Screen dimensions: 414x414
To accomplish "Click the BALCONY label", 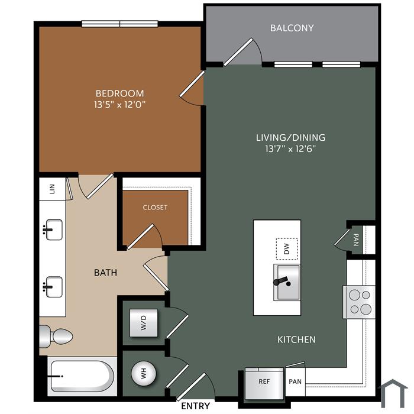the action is pyautogui.click(x=292, y=28).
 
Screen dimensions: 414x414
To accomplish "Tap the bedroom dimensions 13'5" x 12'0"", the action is pyautogui.click(x=120, y=105).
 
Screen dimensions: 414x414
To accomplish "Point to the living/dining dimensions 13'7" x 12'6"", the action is pyautogui.click(x=291, y=149).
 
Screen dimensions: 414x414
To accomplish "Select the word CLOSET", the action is pyautogui.click(x=155, y=207).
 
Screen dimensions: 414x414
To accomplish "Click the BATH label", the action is pyautogui.click(x=106, y=273).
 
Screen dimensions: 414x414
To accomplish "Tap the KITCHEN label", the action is pyautogui.click(x=296, y=339).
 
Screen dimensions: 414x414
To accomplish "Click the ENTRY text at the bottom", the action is pyautogui.click(x=196, y=406).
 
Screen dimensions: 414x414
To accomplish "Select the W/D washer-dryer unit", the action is pyautogui.click(x=144, y=323).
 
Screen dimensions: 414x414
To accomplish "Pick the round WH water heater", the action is pyautogui.click(x=144, y=374).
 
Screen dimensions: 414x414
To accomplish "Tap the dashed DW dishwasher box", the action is pyautogui.click(x=287, y=249).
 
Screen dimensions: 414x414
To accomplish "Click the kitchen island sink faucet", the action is pyautogui.click(x=282, y=282).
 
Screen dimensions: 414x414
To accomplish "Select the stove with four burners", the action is pyautogui.click(x=359, y=302).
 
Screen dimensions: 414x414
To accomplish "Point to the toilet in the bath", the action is pyautogui.click(x=56, y=336).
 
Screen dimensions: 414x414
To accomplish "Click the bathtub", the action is pyautogui.click(x=82, y=376).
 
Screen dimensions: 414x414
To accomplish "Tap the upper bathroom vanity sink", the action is pyautogui.click(x=54, y=229).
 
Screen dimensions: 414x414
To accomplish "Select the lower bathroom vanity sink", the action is pyautogui.click(x=54, y=287).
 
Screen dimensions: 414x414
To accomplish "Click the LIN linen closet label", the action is pyautogui.click(x=52, y=189).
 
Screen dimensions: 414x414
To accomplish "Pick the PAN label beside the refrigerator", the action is pyautogui.click(x=295, y=381).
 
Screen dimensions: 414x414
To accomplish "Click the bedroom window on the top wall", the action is pyautogui.click(x=120, y=24).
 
